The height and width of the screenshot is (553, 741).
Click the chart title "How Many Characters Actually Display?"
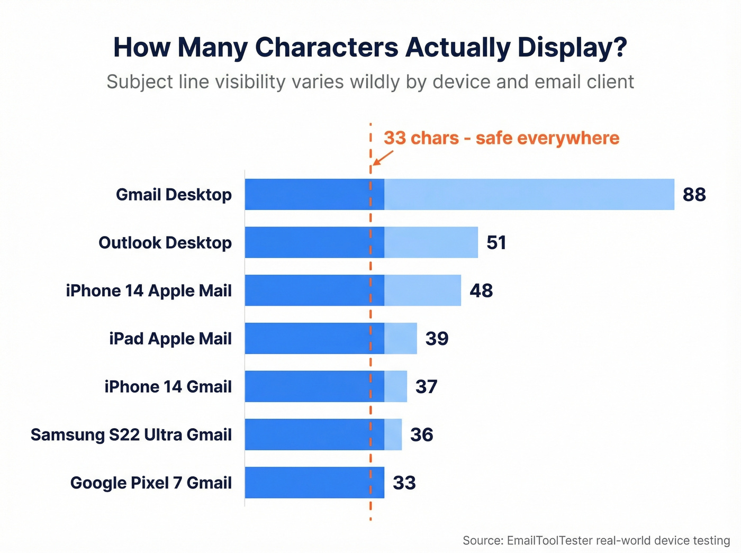370,47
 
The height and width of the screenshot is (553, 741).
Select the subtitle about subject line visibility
370,82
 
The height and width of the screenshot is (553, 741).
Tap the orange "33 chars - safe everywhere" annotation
501,138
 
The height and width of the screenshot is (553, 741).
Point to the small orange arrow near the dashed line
383,157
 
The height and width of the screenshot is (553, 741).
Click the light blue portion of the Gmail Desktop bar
529,194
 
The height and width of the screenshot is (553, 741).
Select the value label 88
694,195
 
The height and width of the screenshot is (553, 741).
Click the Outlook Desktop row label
165,243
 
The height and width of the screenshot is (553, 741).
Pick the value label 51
496,243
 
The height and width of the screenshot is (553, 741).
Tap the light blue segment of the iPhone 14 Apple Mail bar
422,290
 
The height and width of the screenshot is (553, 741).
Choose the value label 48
481,291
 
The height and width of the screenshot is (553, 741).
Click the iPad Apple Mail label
170,339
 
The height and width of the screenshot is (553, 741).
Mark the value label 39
437,339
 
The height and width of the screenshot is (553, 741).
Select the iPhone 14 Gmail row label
168,387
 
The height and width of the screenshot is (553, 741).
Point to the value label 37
426,387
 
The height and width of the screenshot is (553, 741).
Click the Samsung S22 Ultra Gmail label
131,434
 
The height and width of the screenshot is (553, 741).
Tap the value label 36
421,435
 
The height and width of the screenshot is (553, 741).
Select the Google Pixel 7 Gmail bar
314,482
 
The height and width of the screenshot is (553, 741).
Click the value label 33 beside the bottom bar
404,483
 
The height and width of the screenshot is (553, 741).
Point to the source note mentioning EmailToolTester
596,540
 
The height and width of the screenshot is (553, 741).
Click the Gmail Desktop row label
174,195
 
